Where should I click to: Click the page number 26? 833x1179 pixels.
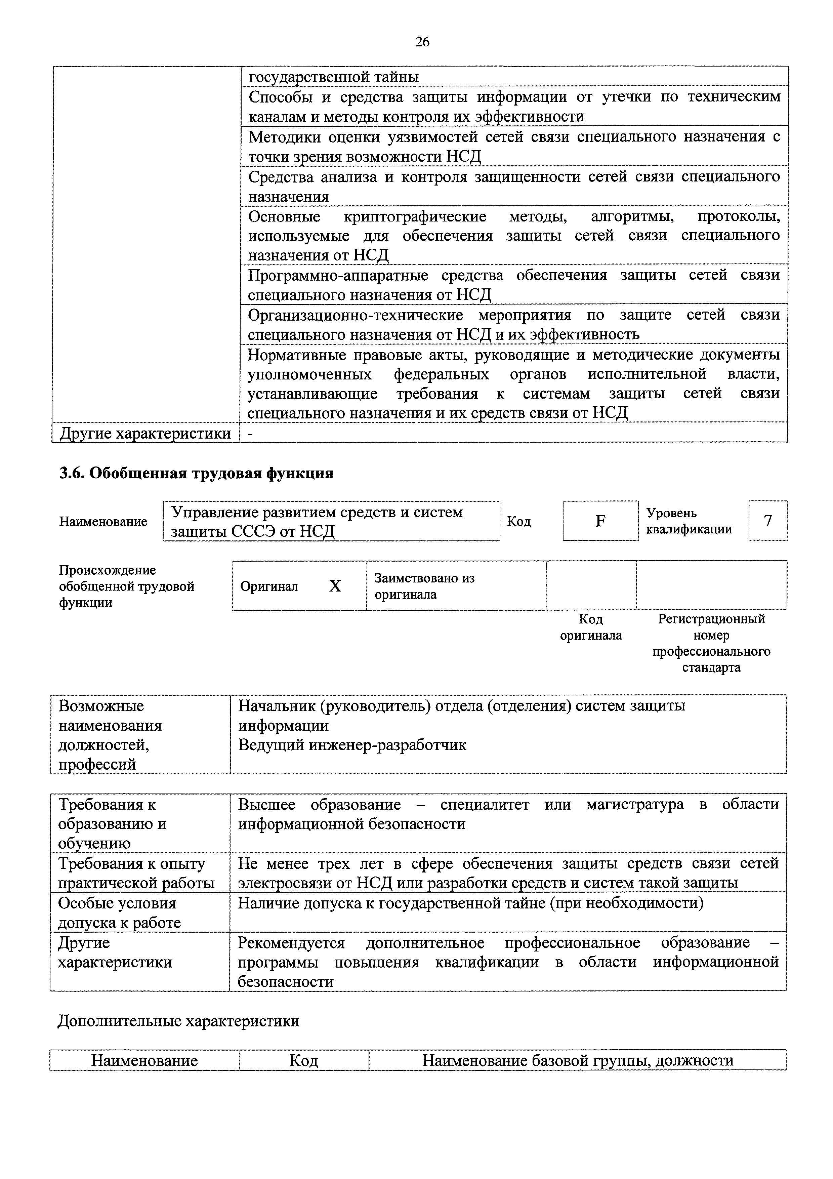(x=422, y=42)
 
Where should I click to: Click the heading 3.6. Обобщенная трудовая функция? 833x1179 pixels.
(x=196, y=473)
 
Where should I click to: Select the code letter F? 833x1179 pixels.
(x=600, y=521)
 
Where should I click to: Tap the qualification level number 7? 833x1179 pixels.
(x=768, y=521)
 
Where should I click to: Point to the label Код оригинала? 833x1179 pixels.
(x=591, y=627)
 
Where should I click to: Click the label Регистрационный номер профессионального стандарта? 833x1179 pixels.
(x=711, y=643)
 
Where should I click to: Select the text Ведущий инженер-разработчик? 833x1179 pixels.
(x=352, y=745)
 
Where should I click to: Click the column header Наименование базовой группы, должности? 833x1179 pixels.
(x=577, y=1060)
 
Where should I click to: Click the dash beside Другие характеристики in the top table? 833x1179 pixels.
(x=250, y=434)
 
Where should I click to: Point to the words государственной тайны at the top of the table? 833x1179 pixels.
(x=334, y=77)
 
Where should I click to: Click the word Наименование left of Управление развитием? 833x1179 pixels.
(x=103, y=521)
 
